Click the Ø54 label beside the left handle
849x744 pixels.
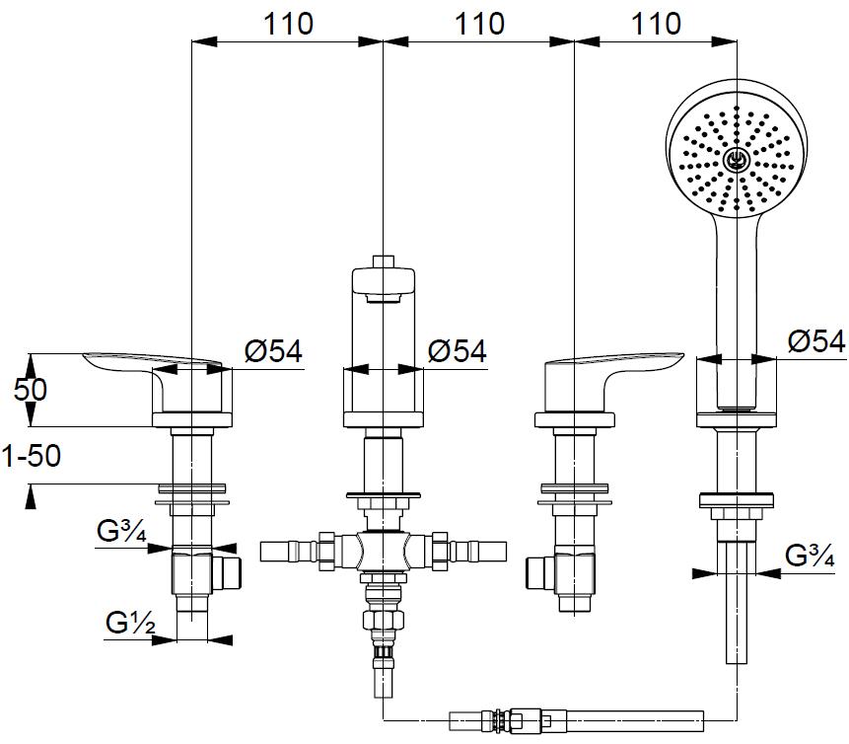click(x=273, y=351)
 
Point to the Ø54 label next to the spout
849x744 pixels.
click(x=458, y=351)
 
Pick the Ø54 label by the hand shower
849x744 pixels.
click(x=816, y=341)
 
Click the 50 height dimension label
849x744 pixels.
click(x=31, y=389)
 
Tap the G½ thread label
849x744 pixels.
click(x=129, y=623)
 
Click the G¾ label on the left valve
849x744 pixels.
click(x=122, y=533)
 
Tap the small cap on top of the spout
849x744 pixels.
click(x=385, y=261)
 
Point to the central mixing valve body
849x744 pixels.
click(x=383, y=548)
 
